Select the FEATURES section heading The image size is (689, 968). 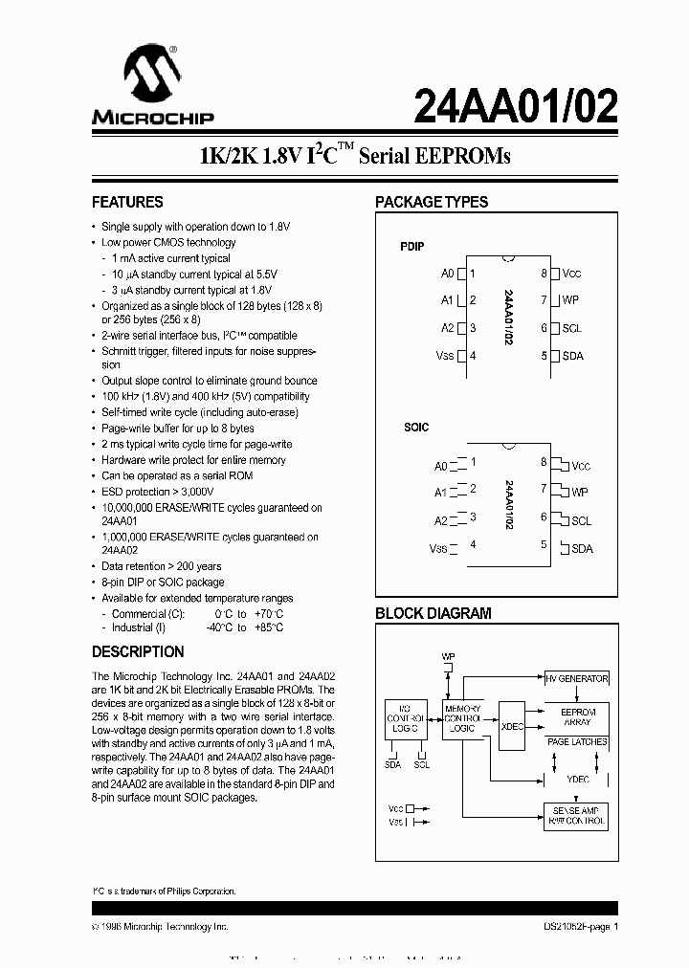pos(127,203)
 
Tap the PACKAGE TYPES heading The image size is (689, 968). pos(432,203)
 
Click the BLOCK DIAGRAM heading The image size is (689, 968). pos(433,614)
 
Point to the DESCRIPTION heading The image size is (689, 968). pos(138,652)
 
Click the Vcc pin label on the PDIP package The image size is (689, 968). pos(572,274)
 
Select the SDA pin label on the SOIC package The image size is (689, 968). pos(582,548)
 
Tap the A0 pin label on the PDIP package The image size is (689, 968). pos(447,274)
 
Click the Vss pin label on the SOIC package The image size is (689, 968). pos(438,548)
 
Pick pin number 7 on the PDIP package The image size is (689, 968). pos(544,300)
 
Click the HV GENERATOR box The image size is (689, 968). pos(576,678)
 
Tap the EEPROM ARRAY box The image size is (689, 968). pos(577,717)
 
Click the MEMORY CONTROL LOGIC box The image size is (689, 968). pos(462,717)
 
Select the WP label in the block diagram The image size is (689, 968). pos(448,656)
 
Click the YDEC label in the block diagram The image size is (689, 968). pos(578,780)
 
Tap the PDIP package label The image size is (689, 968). pos(411,247)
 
